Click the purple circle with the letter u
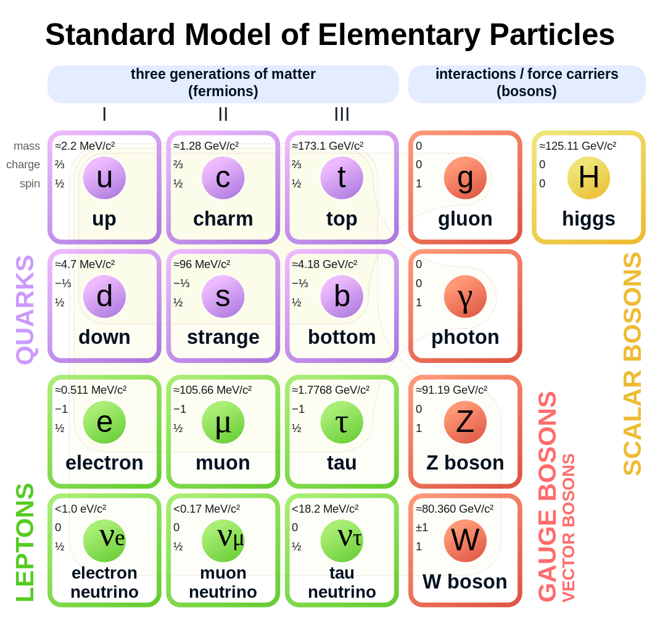click(104, 178)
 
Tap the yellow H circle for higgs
click(588, 178)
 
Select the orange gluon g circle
click(465, 178)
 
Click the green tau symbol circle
click(342, 422)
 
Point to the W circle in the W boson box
click(465, 540)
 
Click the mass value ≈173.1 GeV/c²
click(328, 146)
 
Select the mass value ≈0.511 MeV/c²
click(91, 390)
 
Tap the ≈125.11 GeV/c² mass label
click(577, 146)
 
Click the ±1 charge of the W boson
click(422, 527)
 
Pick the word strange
click(223, 337)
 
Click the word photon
click(465, 337)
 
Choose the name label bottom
click(342, 337)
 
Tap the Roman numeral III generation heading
click(342, 114)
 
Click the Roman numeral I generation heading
click(104, 114)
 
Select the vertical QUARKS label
click(25, 309)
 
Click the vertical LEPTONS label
click(25, 542)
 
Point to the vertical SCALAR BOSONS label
click(632, 364)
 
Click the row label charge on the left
click(23, 165)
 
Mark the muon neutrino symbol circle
click(223, 540)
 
